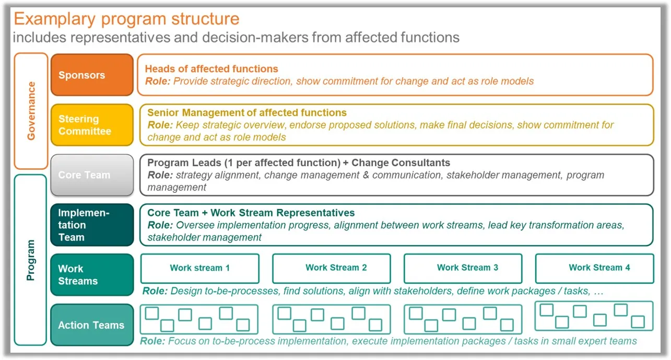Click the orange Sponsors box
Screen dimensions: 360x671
92,75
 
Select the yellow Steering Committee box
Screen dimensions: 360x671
92,125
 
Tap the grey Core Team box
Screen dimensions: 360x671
92,175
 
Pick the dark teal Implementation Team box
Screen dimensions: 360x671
92,225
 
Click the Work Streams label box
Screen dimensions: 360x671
92,275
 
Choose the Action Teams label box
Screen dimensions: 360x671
92,325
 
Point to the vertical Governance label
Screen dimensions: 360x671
31,111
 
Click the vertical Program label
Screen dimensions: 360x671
31,260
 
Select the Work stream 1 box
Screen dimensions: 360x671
199,268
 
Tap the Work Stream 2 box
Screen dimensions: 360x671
332,268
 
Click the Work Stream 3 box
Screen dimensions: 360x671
463,268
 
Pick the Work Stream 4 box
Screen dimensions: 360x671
595,268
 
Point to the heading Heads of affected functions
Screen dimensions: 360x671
211,69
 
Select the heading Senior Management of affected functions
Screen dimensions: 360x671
247,113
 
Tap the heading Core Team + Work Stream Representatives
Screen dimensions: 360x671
251,213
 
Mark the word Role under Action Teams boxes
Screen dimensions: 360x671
152,341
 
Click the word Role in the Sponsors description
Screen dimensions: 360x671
158,81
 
